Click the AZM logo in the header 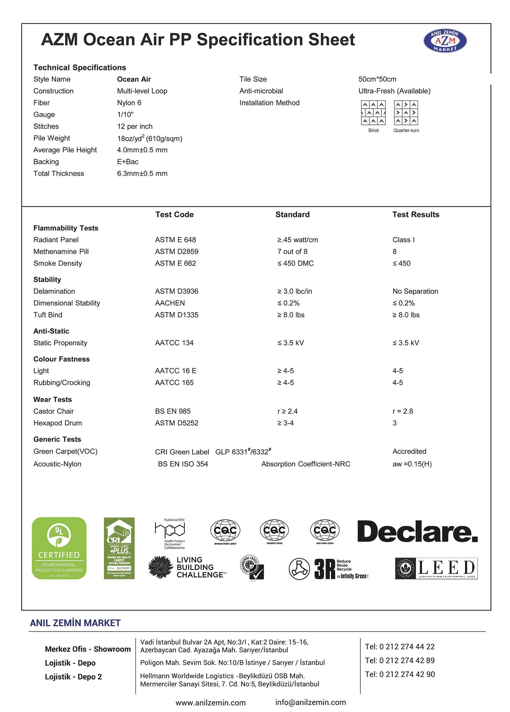[x=445, y=41]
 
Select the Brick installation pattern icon [x=373, y=113]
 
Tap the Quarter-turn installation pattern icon [x=406, y=113]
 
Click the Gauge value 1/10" [x=125, y=115]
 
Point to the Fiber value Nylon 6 [x=129, y=103]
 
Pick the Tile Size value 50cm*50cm [x=377, y=79]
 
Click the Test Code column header [x=174, y=215]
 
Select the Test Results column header [x=416, y=215]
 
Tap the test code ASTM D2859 [x=177, y=252]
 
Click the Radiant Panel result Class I [x=404, y=240]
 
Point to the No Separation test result [x=415, y=291]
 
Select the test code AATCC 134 [x=174, y=343]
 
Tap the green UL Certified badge [x=59, y=548]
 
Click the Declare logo [x=417, y=532]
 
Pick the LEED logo [x=436, y=568]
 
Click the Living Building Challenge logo [x=187, y=567]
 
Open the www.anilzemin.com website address [x=210, y=703]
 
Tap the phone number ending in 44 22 [x=400, y=647]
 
